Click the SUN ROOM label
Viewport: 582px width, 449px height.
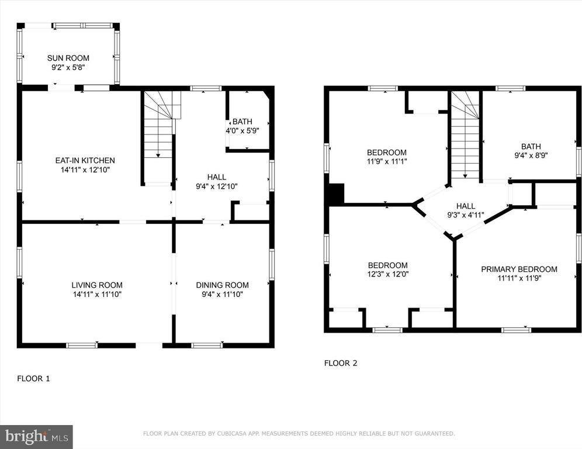click(68, 58)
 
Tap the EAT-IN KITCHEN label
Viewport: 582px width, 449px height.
click(85, 160)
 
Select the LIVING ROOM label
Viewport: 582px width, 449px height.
click(97, 285)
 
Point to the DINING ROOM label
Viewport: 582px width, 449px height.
click(222, 285)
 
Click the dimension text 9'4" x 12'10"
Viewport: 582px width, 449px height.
click(217, 186)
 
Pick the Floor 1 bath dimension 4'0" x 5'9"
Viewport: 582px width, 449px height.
click(243, 131)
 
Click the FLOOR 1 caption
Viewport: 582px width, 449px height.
click(33, 379)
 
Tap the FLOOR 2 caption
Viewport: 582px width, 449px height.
click(341, 363)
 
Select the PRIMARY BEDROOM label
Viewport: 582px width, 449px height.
click(519, 270)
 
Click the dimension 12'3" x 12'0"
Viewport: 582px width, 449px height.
click(388, 274)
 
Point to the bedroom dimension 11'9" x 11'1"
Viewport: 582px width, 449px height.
click(387, 161)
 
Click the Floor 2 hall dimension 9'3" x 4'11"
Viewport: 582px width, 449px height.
click(466, 215)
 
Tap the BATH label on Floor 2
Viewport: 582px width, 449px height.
click(531, 146)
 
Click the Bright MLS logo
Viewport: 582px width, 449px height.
click(36, 437)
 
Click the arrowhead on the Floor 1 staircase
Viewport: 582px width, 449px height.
click(158, 156)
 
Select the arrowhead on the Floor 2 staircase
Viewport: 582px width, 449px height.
click(465, 176)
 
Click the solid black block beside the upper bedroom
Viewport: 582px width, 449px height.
click(336, 194)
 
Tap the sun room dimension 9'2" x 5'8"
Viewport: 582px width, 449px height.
click(68, 67)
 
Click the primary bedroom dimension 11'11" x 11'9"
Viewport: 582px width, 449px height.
click(519, 278)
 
